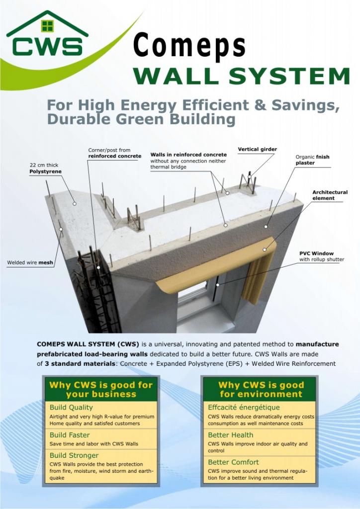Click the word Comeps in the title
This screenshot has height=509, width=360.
tap(189, 46)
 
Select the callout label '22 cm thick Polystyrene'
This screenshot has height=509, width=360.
tap(45, 168)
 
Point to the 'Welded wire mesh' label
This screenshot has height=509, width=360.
tap(30, 262)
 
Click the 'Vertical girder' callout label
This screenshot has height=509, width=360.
tap(258, 149)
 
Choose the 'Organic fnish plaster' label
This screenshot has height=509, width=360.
tap(312, 160)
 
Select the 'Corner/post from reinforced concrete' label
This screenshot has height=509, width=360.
tap(114, 153)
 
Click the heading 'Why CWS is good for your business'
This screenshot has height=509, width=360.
tap(101, 390)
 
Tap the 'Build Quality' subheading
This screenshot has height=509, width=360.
tap(71, 408)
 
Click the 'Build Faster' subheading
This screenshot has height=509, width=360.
tap(70, 435)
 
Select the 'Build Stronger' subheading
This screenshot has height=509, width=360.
tap(74, 455)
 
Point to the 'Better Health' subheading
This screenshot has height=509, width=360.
tap(231, 435)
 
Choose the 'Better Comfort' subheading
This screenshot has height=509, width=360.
tap(233, 462)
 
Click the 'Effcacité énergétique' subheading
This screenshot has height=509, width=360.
tap(244, 408)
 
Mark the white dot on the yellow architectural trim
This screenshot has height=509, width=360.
tap(265, 250)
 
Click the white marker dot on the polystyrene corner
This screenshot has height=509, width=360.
tap(75, 204)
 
